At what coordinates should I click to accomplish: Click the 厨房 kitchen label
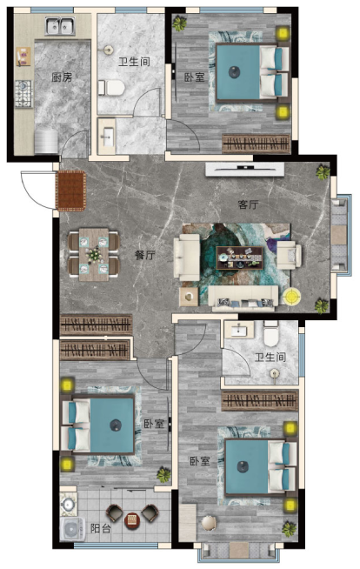[62, 77]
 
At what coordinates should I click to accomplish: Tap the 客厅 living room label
[249, 204]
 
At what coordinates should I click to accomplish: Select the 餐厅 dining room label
[144, 255]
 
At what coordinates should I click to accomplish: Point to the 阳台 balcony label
[100, 528]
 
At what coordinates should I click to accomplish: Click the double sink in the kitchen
[60, 26]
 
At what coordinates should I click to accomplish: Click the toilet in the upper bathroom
[111, 88]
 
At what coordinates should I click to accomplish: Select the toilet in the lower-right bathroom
[270, 335]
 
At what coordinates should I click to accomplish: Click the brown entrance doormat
[70, 191]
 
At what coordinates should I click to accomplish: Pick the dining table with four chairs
[94, 254]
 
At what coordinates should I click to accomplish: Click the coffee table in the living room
[240, 258]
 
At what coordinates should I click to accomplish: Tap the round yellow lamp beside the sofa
[292, 297]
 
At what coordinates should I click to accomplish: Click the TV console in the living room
[244, 170]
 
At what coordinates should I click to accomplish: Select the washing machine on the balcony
[71, 529]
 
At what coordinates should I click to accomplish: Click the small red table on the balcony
[131, 520]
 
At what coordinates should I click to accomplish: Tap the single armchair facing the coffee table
[289, 255]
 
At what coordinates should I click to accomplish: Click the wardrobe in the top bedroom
[256, 144]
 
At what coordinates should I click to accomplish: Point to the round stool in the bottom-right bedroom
[209, 523]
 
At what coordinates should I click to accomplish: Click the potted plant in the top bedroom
[179, 23]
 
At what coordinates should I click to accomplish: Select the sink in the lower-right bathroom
[239, 330]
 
